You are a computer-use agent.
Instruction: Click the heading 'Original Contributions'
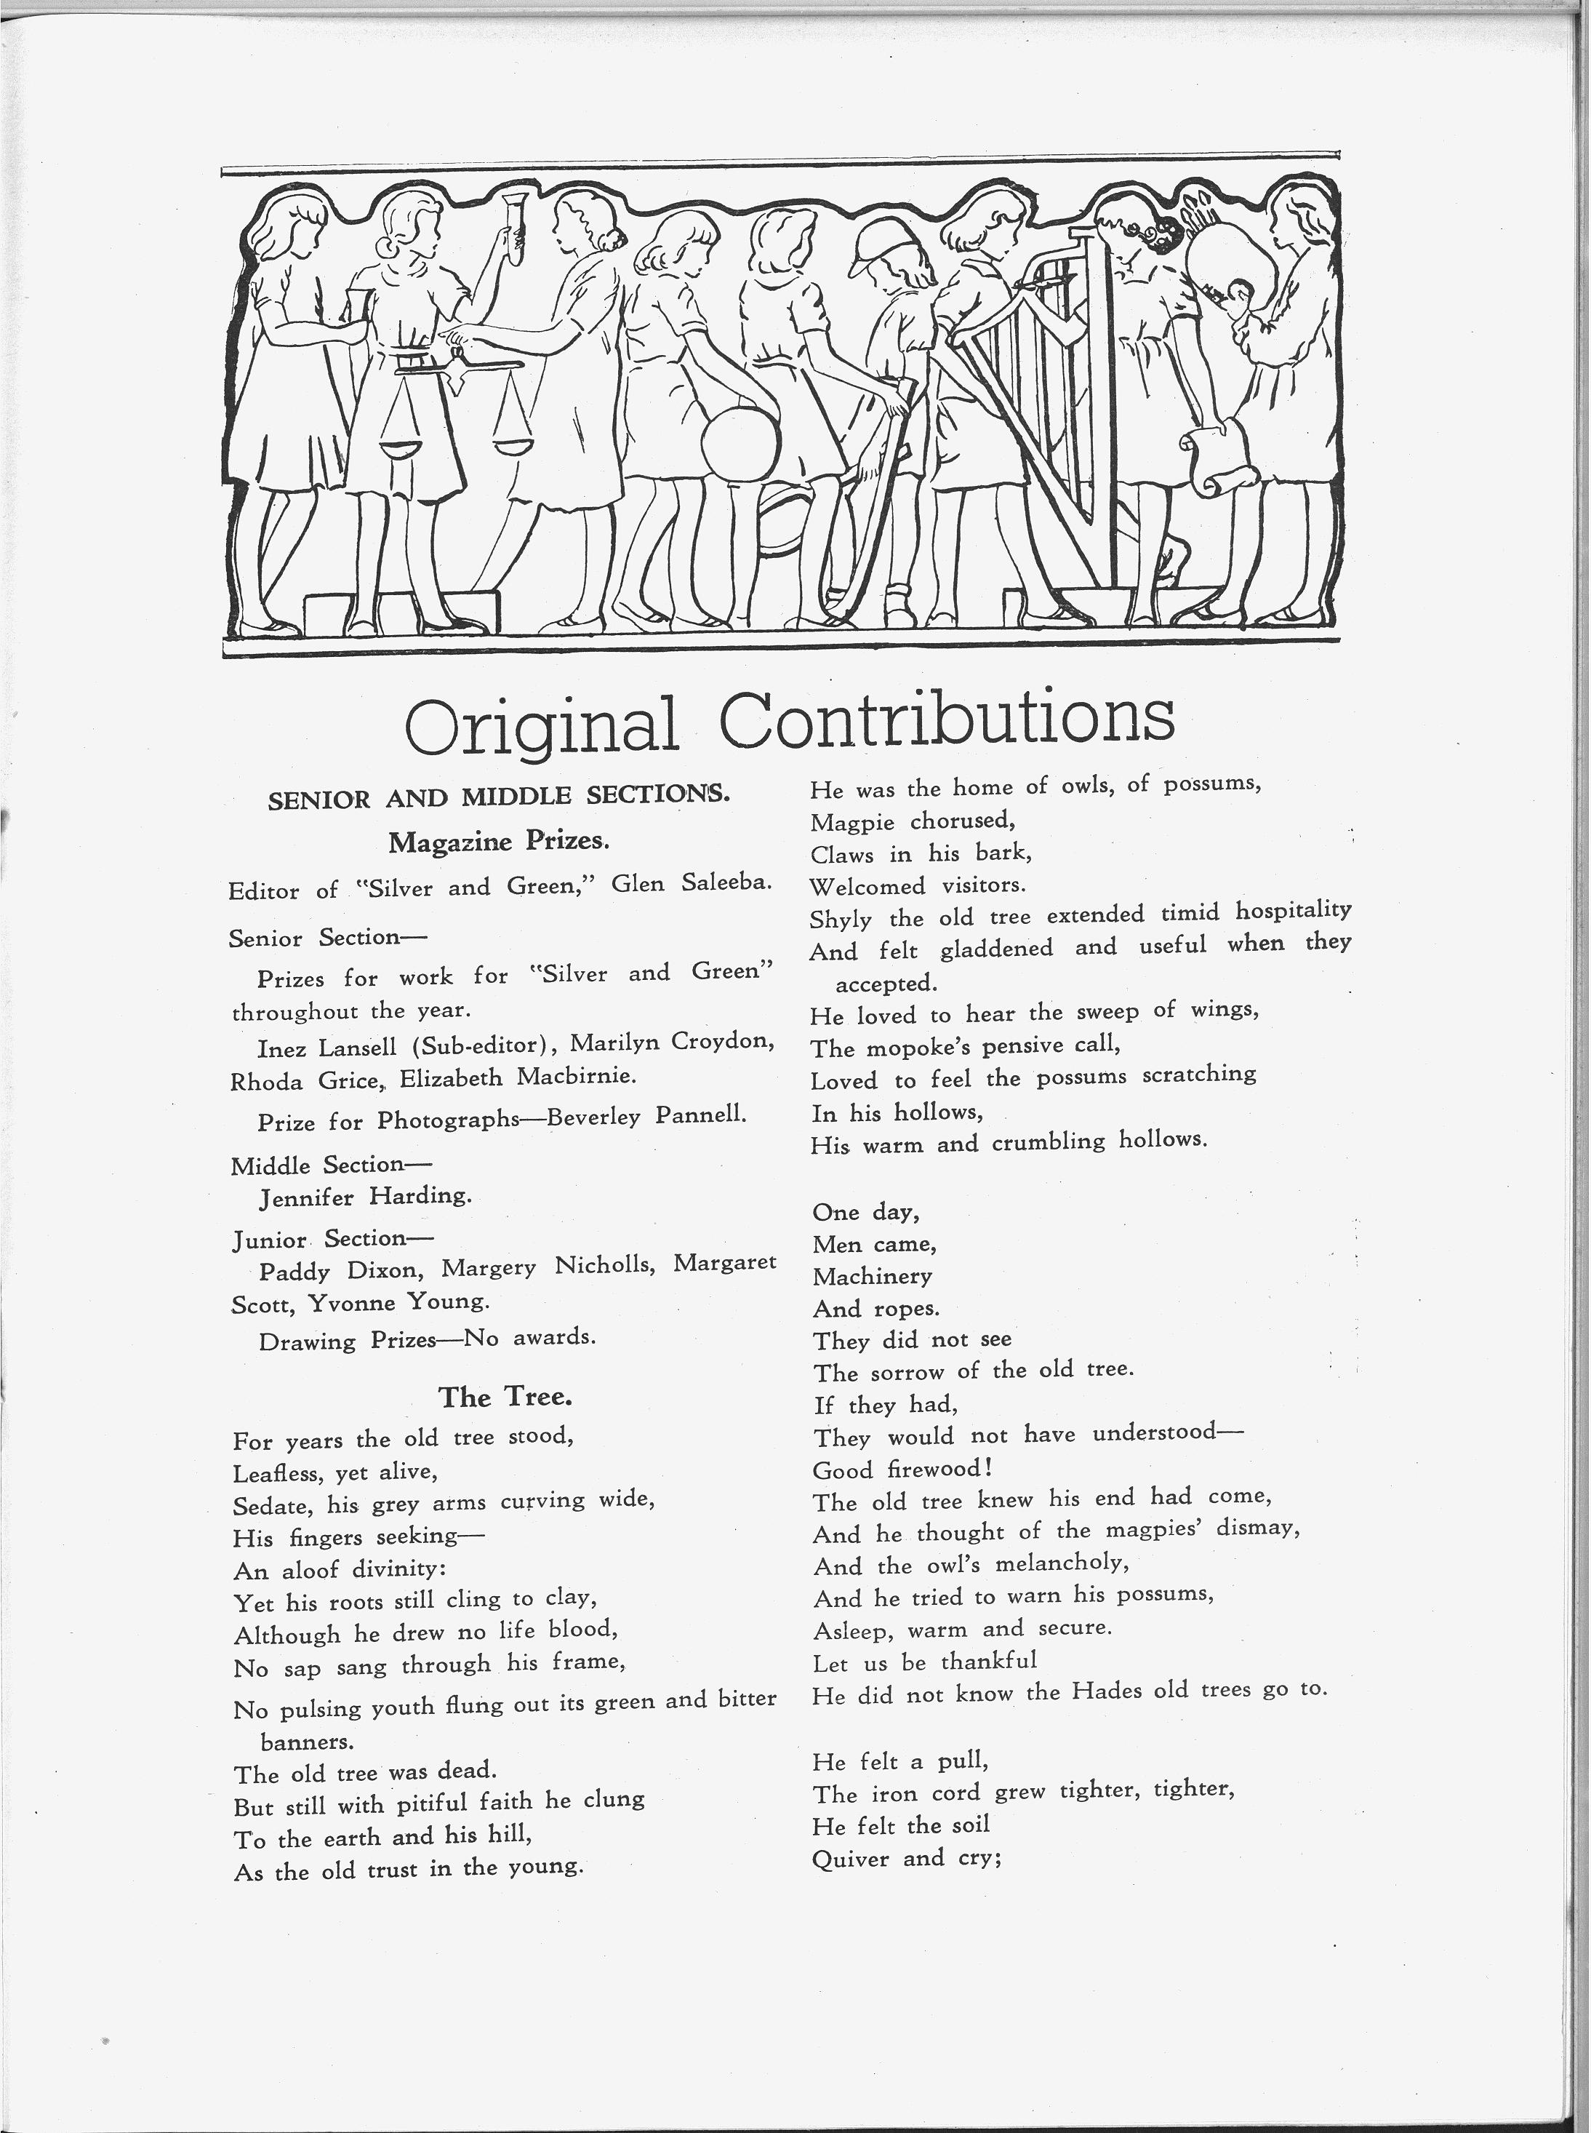coord(790,722)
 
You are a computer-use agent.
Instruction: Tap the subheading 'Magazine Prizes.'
coord(499,842)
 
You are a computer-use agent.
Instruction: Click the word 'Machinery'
coord(873,1277)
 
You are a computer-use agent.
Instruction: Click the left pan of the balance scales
coord(406,448)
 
